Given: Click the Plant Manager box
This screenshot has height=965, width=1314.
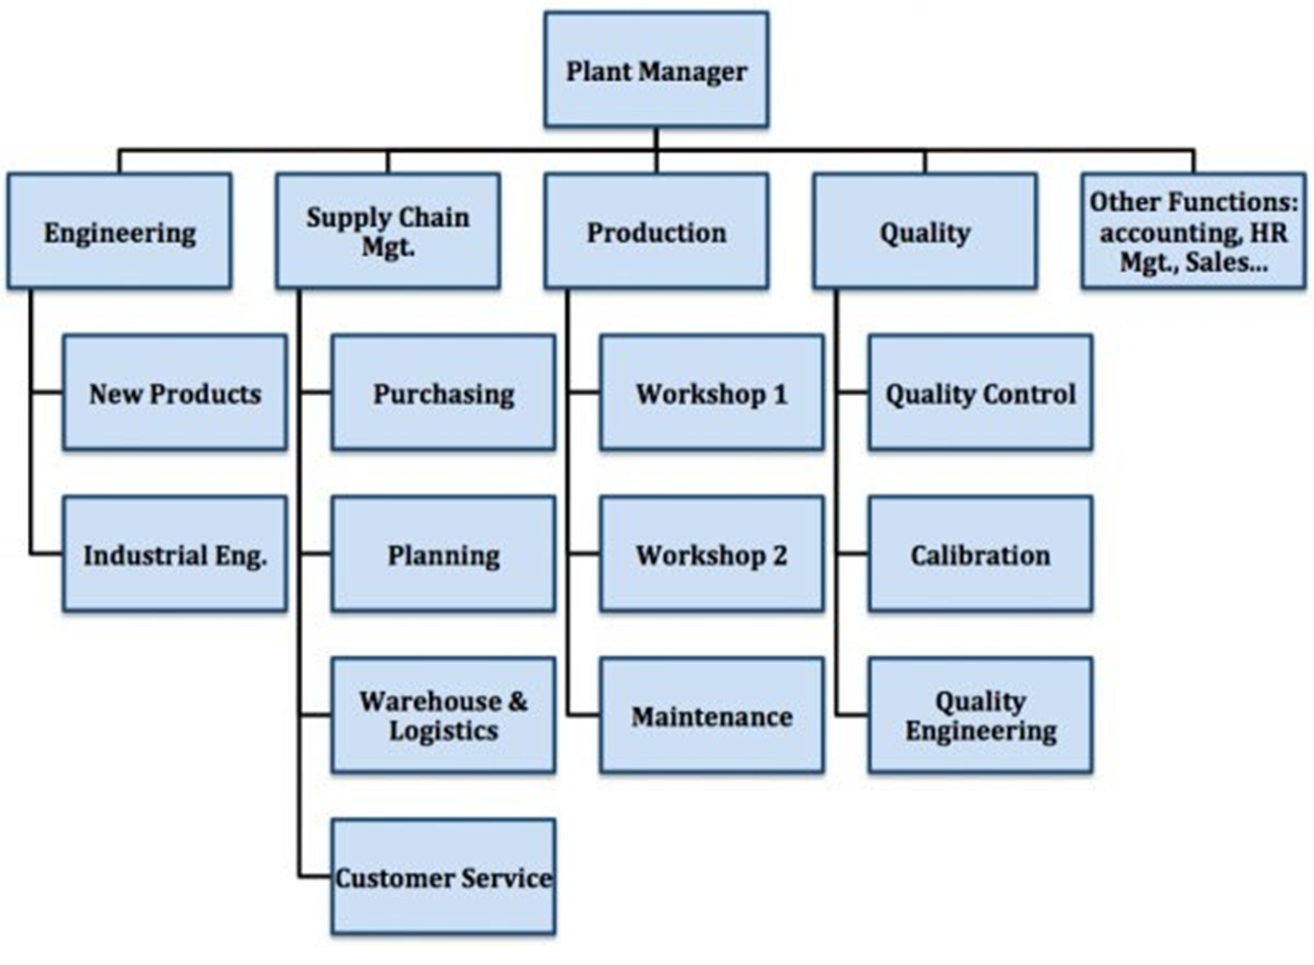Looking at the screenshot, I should (656, 70).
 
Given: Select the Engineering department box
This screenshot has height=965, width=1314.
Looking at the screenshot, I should (119, 232).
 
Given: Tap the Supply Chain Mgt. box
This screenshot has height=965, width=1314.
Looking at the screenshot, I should (388, 232).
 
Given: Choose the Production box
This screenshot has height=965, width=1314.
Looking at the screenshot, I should (656, 232).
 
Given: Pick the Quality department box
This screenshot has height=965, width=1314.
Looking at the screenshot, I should (924, 232).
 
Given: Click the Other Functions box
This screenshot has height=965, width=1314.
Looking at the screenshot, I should (1193, 232).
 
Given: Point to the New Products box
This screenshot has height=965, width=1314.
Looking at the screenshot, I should (175, 392).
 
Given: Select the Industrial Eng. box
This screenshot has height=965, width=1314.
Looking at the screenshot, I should (175, 554).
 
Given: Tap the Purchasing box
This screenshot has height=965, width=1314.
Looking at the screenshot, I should (443, 392).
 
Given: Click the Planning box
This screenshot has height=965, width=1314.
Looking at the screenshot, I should (443, 554).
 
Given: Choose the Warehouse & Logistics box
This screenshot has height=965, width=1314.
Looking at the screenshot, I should (443, 715).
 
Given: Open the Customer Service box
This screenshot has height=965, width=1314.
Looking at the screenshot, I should (443, 877).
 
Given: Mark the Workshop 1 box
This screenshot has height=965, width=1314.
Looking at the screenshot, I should (712, 392).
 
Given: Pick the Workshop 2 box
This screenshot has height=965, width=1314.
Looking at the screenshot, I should (712, 554).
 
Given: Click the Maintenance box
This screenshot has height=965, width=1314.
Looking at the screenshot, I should (712, 715).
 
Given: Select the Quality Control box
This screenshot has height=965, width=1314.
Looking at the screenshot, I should (980, 392).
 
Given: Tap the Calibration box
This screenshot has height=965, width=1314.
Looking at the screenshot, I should (980, 554).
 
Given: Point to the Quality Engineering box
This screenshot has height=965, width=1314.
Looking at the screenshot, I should (980, 715).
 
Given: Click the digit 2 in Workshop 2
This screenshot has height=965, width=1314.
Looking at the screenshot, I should (779, 555).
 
